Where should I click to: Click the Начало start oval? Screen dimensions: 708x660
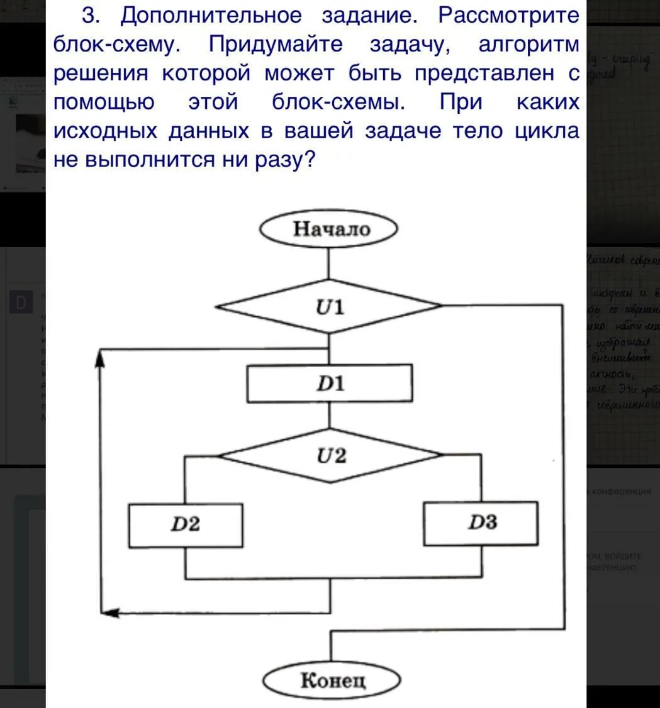329,229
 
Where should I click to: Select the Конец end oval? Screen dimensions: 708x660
332,680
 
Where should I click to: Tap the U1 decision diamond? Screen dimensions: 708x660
330,307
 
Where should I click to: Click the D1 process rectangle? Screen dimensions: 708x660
330,383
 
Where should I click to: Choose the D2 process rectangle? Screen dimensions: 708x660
186,524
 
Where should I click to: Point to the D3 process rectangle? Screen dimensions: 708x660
481,523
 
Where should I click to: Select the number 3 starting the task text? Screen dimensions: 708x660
89,16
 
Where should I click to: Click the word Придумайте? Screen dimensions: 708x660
276,45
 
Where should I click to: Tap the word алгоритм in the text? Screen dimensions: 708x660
529,45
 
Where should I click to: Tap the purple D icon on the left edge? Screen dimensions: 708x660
21,302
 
